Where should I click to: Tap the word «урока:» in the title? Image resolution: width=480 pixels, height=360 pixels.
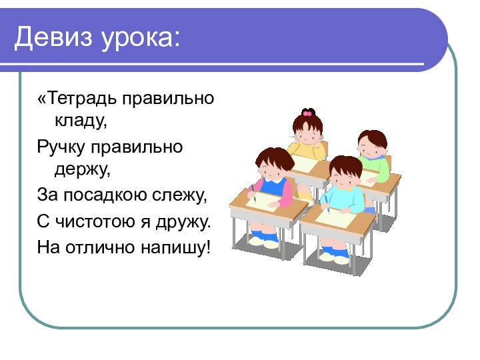141,38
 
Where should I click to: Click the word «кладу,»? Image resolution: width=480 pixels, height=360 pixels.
81,122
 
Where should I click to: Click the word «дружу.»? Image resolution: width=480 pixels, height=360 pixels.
183,219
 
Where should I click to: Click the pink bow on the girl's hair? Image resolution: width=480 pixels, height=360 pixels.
307,113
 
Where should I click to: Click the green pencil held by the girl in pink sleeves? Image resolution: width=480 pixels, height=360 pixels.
255,197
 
